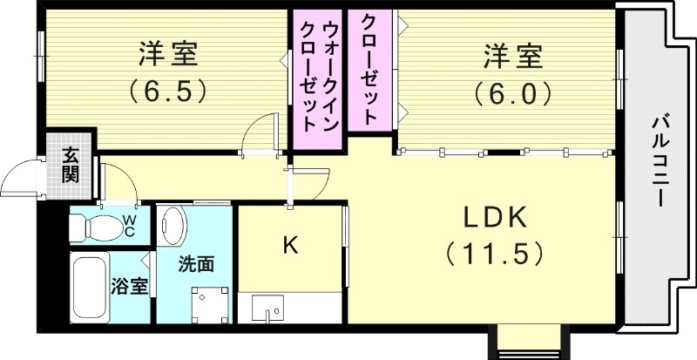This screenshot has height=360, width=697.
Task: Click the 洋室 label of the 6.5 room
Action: (x=169, y=55)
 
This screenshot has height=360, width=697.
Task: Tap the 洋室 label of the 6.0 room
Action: (x=513, y=58)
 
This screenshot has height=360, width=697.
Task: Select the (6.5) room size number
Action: (x=168, y=89)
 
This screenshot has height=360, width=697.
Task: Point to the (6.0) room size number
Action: (x=513, y=92)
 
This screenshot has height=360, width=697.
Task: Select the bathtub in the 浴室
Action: (x=91, y=289)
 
